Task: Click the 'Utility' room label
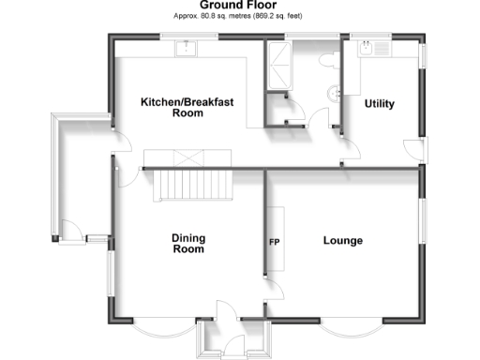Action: [379, 104]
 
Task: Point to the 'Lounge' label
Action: [342, 241]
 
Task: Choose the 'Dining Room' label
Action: [187, 244]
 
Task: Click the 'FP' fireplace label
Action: [276, 242]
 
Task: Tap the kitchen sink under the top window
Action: [187, 46]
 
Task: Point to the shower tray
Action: [279, 66]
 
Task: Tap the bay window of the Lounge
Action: [352, 328]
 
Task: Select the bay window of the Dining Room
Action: [155, 328]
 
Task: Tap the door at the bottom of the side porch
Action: [70, 227]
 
